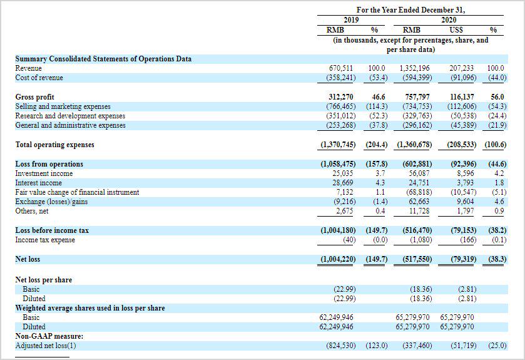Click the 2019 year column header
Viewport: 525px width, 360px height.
pos(355,20)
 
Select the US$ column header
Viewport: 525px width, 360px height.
pos(456,29)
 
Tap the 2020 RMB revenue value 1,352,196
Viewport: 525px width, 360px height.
pos(415,68)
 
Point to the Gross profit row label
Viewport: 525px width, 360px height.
pos(34,97)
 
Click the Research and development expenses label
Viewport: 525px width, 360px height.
pos(70,116)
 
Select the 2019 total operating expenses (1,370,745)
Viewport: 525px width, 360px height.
pos(338,145)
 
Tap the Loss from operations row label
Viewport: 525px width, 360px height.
pos(49,164)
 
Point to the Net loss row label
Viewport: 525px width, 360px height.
pos(29,259)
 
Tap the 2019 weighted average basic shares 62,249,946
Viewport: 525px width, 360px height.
pos(336,317)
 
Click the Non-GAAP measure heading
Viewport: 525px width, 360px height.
pos(49,336)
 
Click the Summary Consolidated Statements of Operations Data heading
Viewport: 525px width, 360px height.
pos(103,59)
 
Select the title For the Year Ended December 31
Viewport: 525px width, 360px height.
pos(411,10)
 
